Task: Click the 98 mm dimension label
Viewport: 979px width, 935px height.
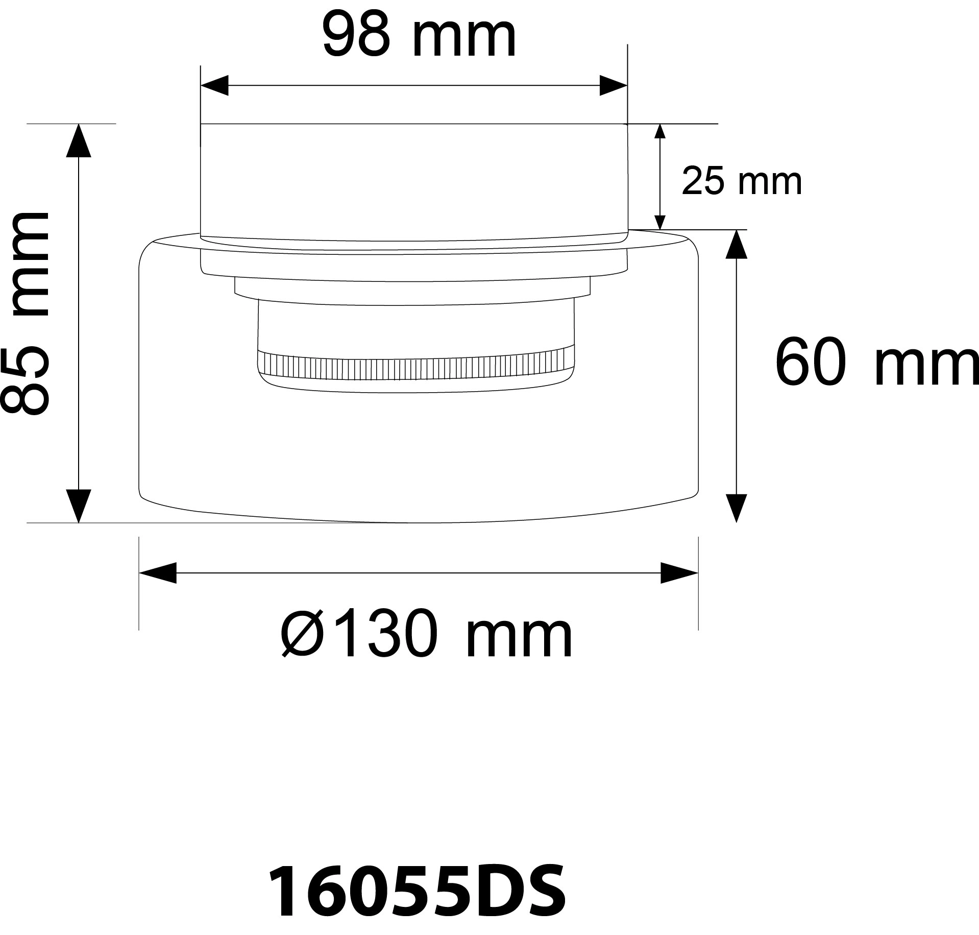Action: tap(420, 38)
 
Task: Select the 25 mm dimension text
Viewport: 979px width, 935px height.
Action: tap(741, 182)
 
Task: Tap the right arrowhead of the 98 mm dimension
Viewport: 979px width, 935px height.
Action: tap(613, 86)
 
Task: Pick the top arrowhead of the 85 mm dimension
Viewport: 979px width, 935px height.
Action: tap(79, 140)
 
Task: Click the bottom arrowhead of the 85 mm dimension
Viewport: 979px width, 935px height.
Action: tap(79, 506)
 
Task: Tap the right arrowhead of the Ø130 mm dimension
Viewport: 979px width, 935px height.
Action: tap(679, 573)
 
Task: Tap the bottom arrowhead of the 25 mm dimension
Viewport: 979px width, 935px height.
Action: tap(660, 222)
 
